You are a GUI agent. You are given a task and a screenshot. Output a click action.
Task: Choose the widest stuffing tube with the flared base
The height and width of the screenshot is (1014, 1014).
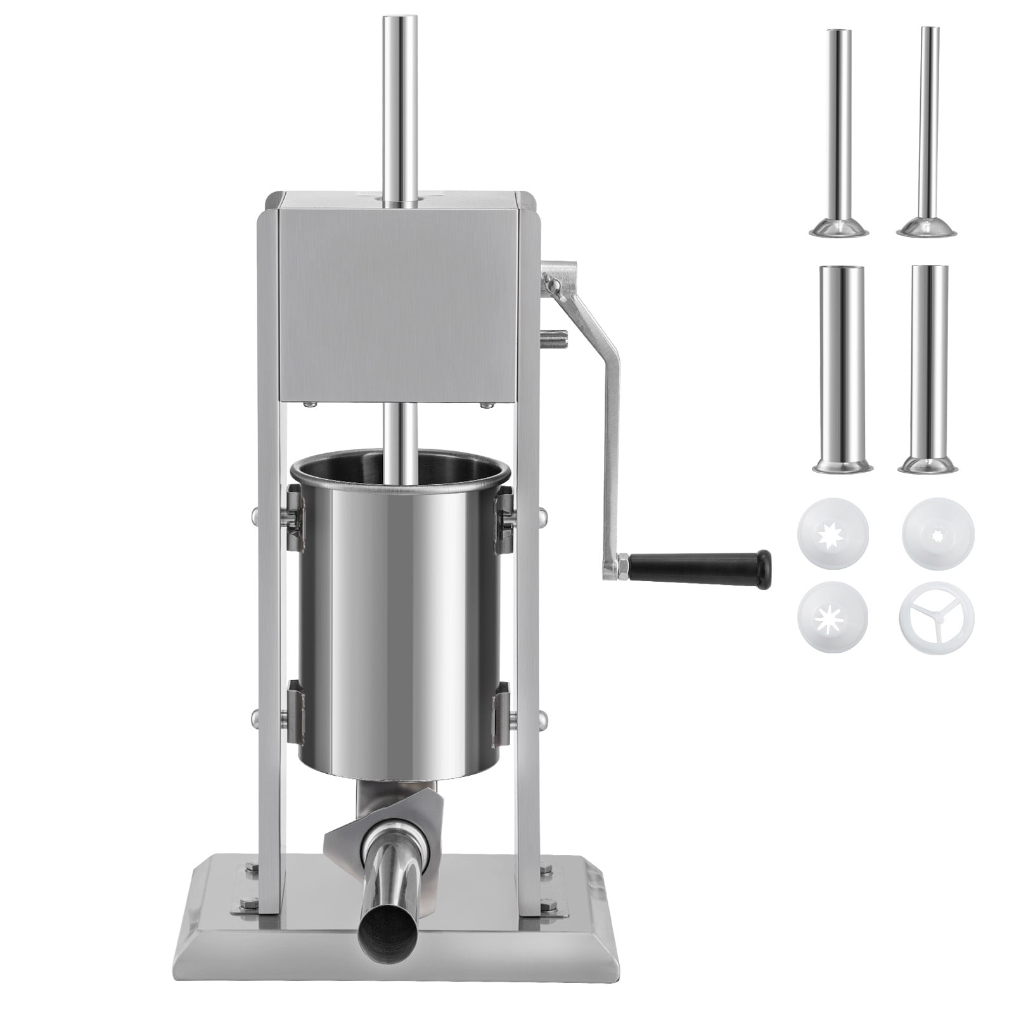[x=842, y=368]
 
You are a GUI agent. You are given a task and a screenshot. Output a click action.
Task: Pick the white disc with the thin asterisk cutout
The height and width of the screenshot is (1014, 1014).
[x=832, y=618]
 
